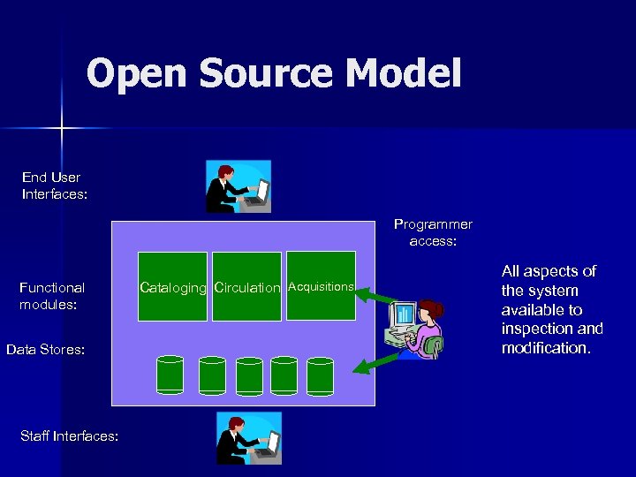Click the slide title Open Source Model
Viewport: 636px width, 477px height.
tap(274, 74)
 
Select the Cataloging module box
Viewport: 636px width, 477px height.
tap(173, 286)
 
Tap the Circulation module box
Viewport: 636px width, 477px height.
tap(247, 286)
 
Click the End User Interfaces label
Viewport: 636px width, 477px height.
tap(54, 185)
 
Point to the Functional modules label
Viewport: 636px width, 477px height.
tap(52, 295)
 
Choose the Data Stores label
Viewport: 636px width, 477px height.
tap(45, 350)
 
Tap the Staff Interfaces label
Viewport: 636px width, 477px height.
tap(69, 435)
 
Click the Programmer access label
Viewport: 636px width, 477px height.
tap(433, 232)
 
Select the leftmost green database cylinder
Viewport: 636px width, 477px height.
tap(170, 375)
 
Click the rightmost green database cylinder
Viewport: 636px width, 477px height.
tap(320, 375)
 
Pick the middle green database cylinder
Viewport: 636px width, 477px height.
tap(249, 375)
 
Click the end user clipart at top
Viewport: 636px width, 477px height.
tap(238, 186)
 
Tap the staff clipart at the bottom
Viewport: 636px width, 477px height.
tap(248, 438)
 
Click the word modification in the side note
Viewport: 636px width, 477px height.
tap(546, 348)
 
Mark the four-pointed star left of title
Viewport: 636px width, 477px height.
tap(62, 129)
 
